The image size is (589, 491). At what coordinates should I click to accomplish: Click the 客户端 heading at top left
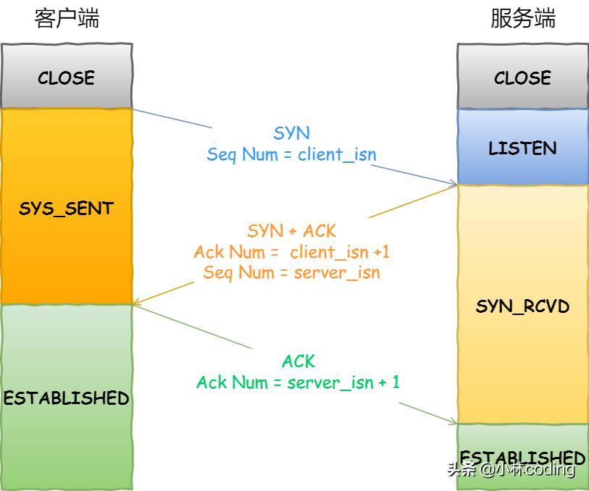tap(67, 19)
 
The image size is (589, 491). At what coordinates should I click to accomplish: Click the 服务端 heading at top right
tap(523, 19)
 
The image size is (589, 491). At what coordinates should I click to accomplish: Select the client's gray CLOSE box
tap(67, 77)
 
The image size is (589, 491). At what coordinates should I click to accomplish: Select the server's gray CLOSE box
tap(523, 77)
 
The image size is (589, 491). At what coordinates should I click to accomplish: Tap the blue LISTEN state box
tap(523, 148)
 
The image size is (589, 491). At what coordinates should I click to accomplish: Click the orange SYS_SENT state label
tap(67, 209)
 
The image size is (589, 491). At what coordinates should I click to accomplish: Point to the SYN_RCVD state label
tap(523, 306)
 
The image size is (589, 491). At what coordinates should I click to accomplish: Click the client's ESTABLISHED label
tap(67, 398)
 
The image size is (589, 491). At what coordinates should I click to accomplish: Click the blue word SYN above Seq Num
tap(291, 133)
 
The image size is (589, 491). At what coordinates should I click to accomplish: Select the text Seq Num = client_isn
tap(291, 154)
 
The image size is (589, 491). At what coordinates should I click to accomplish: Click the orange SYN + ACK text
tap(291, 231)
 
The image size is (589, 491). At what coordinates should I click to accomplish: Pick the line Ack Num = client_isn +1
tap(291, 252)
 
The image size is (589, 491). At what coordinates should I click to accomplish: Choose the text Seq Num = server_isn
tap(291, 273)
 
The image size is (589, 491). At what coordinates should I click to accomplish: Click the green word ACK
tap(298, 361)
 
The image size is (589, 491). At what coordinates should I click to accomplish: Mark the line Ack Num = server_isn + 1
tap(298, 382)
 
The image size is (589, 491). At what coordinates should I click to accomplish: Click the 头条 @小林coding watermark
tap(511, 469)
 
